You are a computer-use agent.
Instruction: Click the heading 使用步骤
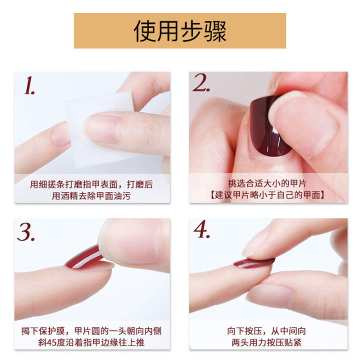pos(180,31)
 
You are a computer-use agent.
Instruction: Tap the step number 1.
pos(29,85)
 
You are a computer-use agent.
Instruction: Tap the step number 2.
pos(201,83)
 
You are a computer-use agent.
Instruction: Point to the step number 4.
pos(201,229)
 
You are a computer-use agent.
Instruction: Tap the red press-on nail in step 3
pos(84,257)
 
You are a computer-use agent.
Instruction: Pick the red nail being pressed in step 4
pos(254,262)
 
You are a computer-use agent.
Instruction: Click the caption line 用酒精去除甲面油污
pos(91,196)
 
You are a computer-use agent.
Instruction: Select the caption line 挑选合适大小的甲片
pos(267,183)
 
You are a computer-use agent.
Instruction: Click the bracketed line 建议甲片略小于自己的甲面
pos(267,195)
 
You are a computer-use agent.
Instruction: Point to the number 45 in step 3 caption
pos(52,342)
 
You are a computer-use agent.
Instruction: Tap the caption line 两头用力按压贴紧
pos(266,342)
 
